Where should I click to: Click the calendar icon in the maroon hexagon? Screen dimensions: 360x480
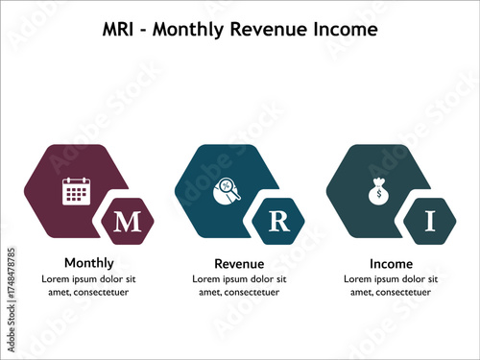click(76, 191)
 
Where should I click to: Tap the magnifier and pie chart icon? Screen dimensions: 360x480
click(227, 192)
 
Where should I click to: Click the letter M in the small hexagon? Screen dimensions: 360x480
click(127, 223)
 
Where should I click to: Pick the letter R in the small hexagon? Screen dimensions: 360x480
click(278, 223)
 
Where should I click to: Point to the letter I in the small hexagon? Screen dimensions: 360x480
click(430, 223)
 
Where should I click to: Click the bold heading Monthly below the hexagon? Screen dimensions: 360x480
click(88, 262)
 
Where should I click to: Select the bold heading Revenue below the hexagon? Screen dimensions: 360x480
click(239, 263)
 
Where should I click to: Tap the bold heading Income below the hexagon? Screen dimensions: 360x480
click(391, 263)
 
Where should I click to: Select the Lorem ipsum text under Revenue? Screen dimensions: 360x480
click(239, 285)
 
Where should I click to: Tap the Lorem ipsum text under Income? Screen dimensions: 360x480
click(391, 285)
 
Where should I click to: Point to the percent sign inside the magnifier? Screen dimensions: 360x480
click(225, 186)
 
